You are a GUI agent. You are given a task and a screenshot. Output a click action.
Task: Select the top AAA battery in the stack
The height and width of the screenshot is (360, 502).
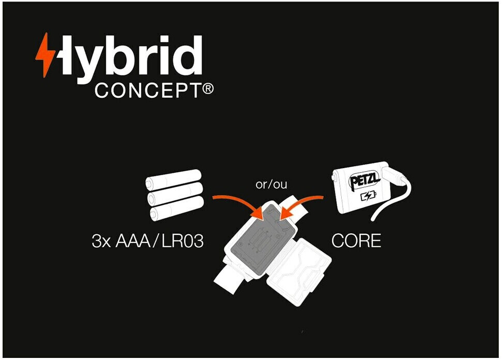click(173, 181)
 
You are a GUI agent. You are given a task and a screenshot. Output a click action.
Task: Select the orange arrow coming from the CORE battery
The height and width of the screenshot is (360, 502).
click(302, 204)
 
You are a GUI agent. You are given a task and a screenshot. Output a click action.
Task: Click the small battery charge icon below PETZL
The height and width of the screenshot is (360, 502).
click(368, 197)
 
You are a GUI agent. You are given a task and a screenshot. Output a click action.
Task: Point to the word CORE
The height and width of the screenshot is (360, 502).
click(356, 241)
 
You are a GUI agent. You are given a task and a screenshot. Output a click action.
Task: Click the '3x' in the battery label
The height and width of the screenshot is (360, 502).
click(101, 241)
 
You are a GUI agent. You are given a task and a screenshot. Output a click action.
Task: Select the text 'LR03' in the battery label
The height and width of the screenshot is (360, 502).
click(182, 241)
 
